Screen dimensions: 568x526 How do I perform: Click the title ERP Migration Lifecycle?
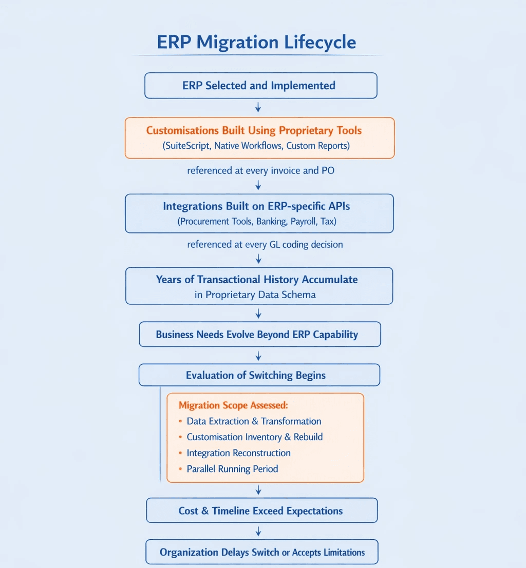click(256, 42)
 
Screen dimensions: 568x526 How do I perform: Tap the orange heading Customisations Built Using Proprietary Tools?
click(254, 130)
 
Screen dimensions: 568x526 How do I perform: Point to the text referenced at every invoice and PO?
click(260, 170)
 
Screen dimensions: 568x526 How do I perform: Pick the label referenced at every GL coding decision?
click(265, 244)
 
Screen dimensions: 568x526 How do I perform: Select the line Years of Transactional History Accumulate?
click(257, 280)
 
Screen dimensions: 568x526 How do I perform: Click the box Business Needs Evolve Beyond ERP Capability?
click(257, 335)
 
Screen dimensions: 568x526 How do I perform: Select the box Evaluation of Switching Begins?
click(256, 375)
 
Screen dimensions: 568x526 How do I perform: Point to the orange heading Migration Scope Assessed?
click(233, 405)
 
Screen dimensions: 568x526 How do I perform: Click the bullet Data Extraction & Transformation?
click(254, 421)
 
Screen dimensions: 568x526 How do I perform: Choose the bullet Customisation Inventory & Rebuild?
click(254, 437)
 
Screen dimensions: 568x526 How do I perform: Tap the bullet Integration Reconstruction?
click(238, 453)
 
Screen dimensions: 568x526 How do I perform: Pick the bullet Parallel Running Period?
click(232, 469)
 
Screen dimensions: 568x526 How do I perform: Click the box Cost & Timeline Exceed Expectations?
click(260, 511)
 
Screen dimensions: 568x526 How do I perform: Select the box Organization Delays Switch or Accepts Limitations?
click(262, 552)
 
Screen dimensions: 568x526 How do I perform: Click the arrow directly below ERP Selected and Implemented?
click(258, 107)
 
